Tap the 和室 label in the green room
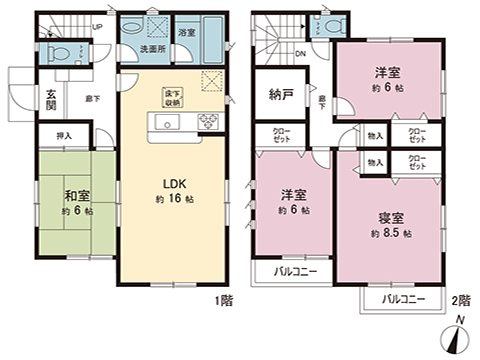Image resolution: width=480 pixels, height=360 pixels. tap(76, 195)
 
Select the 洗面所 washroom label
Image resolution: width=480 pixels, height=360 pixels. tap(152, 49)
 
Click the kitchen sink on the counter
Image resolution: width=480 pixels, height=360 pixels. tap(167, 123)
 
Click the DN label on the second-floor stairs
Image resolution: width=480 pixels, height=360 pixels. tap(300, 56)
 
